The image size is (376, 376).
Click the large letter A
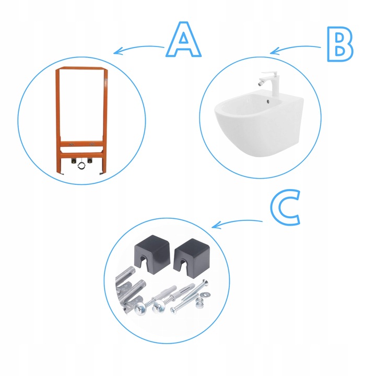point(183,40)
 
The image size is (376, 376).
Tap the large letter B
point(340,44)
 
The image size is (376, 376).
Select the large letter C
point(285,207)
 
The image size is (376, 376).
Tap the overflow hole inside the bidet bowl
point(268,101)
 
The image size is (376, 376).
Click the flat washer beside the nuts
point(206,293)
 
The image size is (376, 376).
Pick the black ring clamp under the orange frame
point(81,165)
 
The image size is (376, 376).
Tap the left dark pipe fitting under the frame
point(74,161)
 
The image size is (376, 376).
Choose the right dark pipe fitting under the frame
point(90,160)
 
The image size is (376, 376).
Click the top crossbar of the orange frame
point(81,68)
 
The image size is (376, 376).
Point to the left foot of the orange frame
point(61,172)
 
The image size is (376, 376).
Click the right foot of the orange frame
point(102,172)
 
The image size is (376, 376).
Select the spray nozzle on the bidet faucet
point(260,84)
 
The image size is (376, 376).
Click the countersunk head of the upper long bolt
point(205,283)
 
